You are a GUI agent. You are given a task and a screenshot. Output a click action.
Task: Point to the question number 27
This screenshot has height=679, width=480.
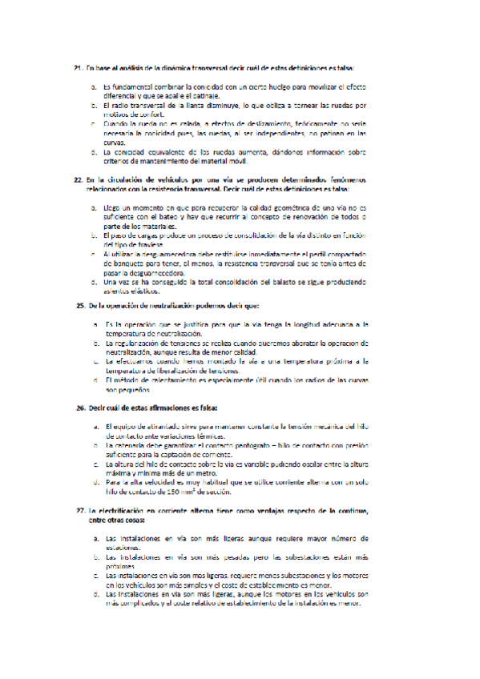(80, 510)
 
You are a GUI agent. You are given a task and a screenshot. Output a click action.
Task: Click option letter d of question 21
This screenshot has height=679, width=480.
(94, 151)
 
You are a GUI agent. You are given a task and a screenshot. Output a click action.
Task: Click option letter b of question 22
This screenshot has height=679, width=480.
(94, 235)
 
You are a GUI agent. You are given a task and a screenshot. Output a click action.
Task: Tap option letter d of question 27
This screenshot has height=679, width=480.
(94, 595)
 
